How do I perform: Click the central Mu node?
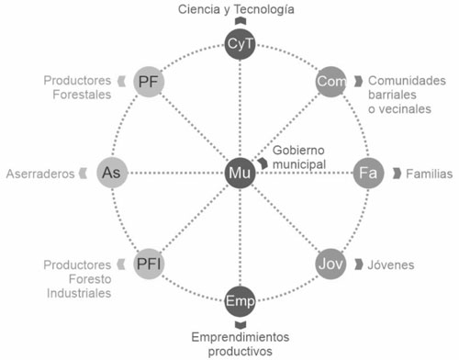pyautogui.click(x=240, y=173)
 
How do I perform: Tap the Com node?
pyautogui.click(x=330, y=82)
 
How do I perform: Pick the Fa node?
pyautogui.click(x=368, y=173)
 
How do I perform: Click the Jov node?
pyautogui.click(x=330, y=264)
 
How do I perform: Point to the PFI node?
pyautogui.click(x=150, y=264)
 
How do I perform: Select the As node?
pyautogui.click(x=111, y=173)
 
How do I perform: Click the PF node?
pyautogui.click(x=149, y=82)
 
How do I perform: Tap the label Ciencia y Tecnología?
pyautogui.click(x=236, y=9)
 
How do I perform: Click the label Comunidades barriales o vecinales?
pyautogui.click(x=407, y=96)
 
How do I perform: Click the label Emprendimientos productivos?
pyautogui.click(x=239, y=344)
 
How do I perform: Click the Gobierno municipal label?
pyautogui.click(x=299, y=156)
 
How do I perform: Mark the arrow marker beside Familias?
pyautogui.click(x=396, y=173)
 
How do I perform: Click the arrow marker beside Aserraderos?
pyautogui.click(x=84, y=173)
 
